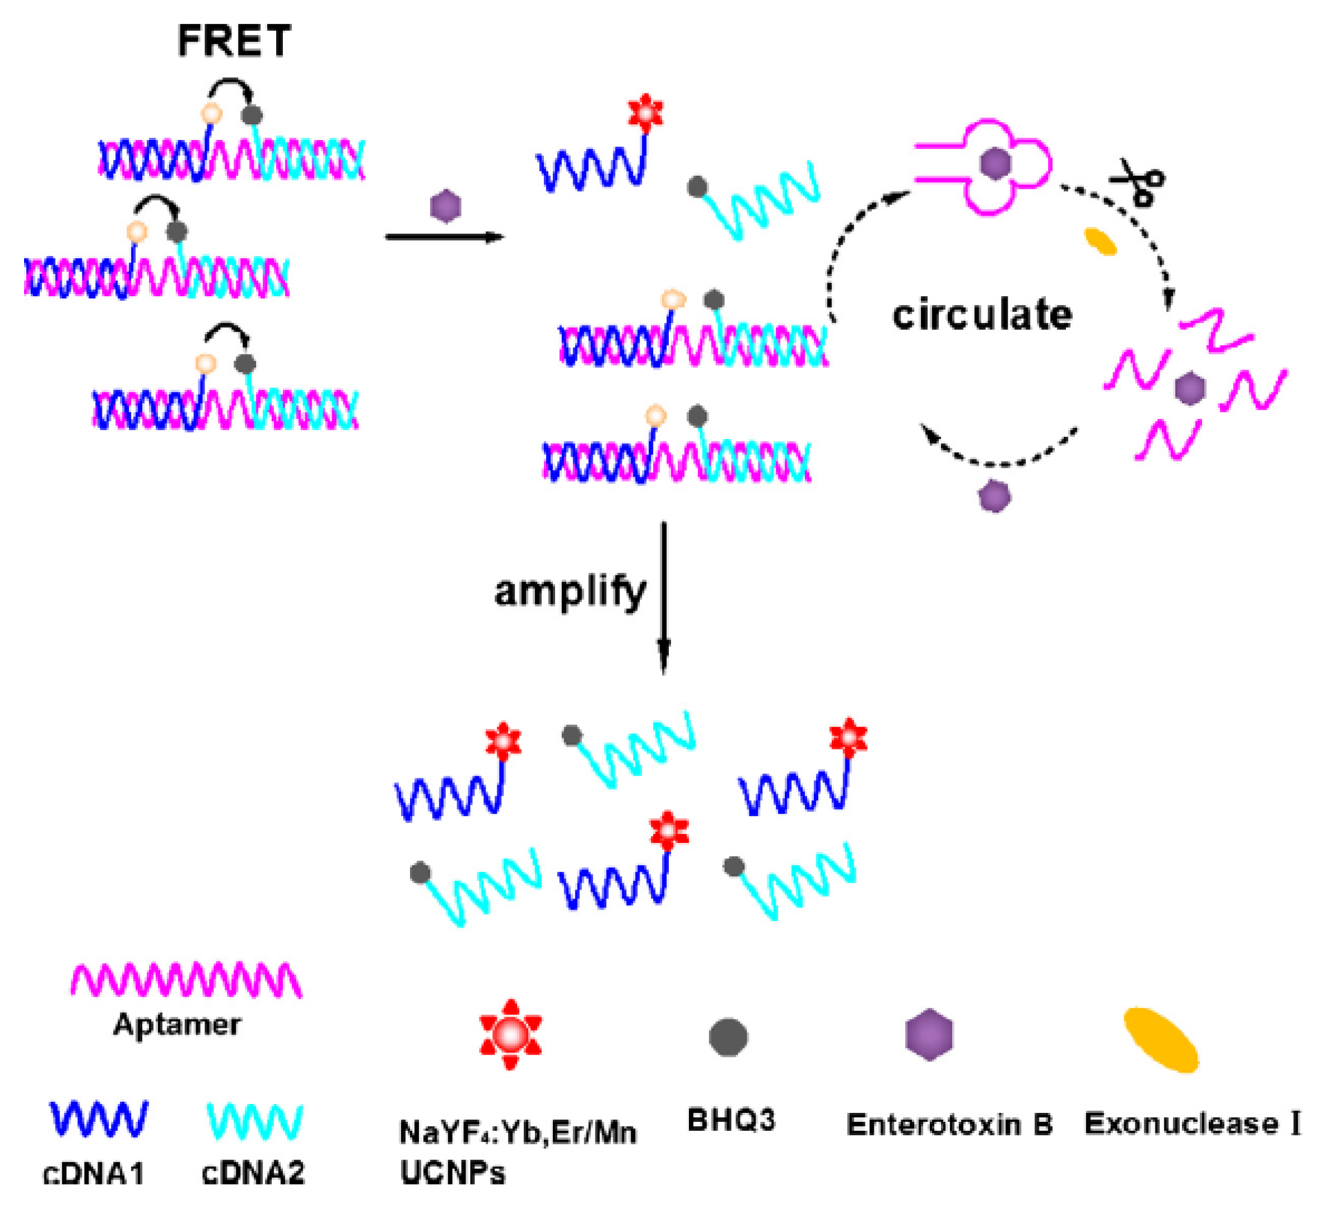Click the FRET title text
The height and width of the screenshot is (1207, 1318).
234,41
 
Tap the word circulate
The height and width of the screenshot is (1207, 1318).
982,315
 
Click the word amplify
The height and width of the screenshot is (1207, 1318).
570,593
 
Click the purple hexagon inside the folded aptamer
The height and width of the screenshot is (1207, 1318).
995,164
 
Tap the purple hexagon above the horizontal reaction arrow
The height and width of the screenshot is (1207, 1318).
446,207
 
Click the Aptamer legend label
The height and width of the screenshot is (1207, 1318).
177,1024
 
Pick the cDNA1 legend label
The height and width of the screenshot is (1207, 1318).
94,1173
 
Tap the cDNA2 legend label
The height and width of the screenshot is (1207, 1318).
253,1173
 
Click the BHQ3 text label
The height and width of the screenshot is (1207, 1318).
731,1120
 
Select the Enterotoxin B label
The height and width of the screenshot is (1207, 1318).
949,1124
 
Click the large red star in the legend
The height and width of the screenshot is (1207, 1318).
511,1034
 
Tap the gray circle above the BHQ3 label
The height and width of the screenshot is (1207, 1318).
728,1037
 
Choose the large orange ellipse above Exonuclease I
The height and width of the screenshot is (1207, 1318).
1161,1040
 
